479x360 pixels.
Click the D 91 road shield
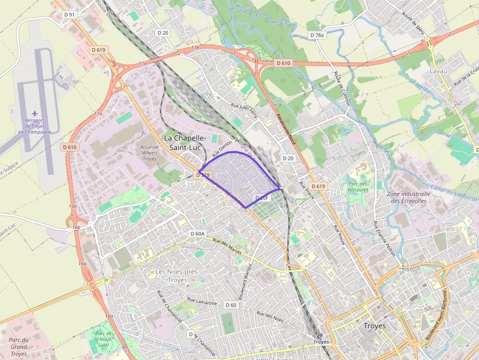[69, 15]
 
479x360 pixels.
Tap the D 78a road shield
[317, 35]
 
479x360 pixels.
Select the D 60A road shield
[196, 234]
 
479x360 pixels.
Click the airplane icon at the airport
[34, 113]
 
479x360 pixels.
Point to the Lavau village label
[438, 71]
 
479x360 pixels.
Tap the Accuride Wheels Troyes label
[149, 152]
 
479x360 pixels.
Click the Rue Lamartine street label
[202, 301]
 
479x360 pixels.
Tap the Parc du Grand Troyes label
[19, 347]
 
